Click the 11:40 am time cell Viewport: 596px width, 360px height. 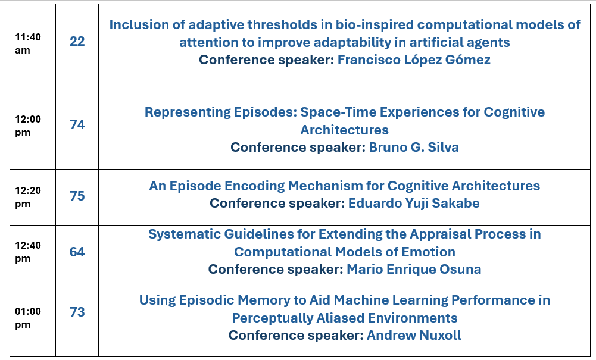(x=28, y=43)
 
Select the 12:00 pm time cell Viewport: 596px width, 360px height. (x=28, y=126)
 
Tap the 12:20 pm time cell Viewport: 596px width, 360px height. (x=28, y=197)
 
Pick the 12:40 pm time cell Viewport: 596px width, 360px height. (x=28, y=252)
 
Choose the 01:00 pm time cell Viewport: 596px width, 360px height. (x=28, y=318)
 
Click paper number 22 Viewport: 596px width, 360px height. (x=77, y=42)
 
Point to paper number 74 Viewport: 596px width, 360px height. (x=77, y=124)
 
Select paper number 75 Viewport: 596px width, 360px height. (x=77, y=196)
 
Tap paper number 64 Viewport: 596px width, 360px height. (x=77, y=252)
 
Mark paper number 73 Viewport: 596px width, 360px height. (x=77, y=312)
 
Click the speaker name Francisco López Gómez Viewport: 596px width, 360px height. (x=414, y=60)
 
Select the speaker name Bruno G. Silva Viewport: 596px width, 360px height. (x=414, y=148)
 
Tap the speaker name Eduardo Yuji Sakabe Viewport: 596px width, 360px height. (x=414, y=203)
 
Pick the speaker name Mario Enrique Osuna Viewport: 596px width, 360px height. (x=414, y=269)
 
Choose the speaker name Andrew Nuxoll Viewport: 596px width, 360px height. (x=414, y=336)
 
